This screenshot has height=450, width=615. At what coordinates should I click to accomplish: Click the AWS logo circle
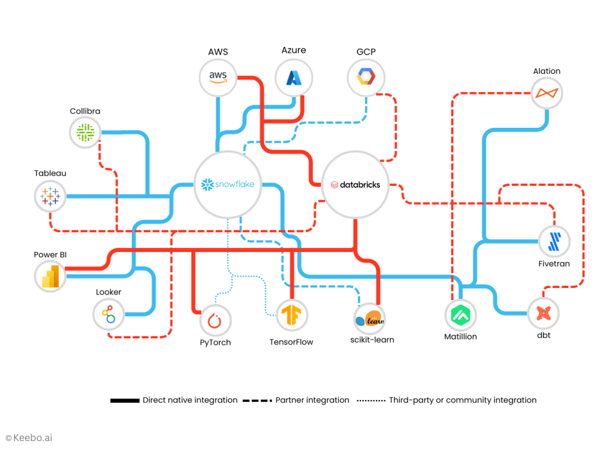[218, 77]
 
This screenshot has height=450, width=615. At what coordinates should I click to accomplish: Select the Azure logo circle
[294, 77]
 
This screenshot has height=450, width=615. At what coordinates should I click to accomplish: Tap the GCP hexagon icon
[366, 77]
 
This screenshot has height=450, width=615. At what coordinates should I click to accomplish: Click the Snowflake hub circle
[228, 184]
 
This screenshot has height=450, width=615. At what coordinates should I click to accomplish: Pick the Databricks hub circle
[355, 185]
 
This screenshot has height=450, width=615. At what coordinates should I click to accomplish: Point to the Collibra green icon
[85, 132]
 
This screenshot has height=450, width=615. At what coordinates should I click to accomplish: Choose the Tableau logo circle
[50, 196]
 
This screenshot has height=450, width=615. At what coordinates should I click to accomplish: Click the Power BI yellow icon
[50, 276]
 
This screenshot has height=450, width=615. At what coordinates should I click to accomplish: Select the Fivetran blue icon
[554, 241]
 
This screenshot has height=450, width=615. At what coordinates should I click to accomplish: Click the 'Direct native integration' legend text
[190, 400]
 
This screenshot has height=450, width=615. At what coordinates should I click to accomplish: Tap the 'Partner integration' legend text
[312, 400]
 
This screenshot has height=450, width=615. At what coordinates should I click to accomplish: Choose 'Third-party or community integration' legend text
[462, 400]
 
